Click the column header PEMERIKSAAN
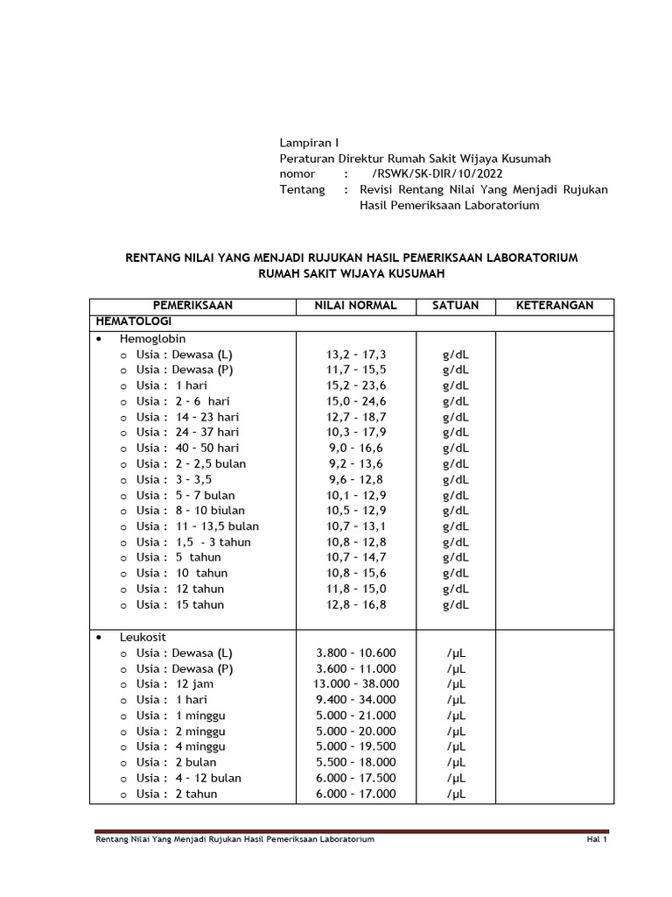192,306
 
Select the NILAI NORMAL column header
355,306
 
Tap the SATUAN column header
455,306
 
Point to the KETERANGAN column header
554,306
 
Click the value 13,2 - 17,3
355,354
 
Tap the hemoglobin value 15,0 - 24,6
355,401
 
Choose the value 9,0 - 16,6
355,448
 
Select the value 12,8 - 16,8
355,604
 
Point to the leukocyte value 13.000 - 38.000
356,684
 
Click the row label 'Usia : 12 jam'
174,684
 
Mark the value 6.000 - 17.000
356,794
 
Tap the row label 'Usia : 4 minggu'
180,746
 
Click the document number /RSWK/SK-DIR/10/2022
426,174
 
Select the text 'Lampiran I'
308,143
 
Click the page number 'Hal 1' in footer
597,840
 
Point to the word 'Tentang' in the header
302,190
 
